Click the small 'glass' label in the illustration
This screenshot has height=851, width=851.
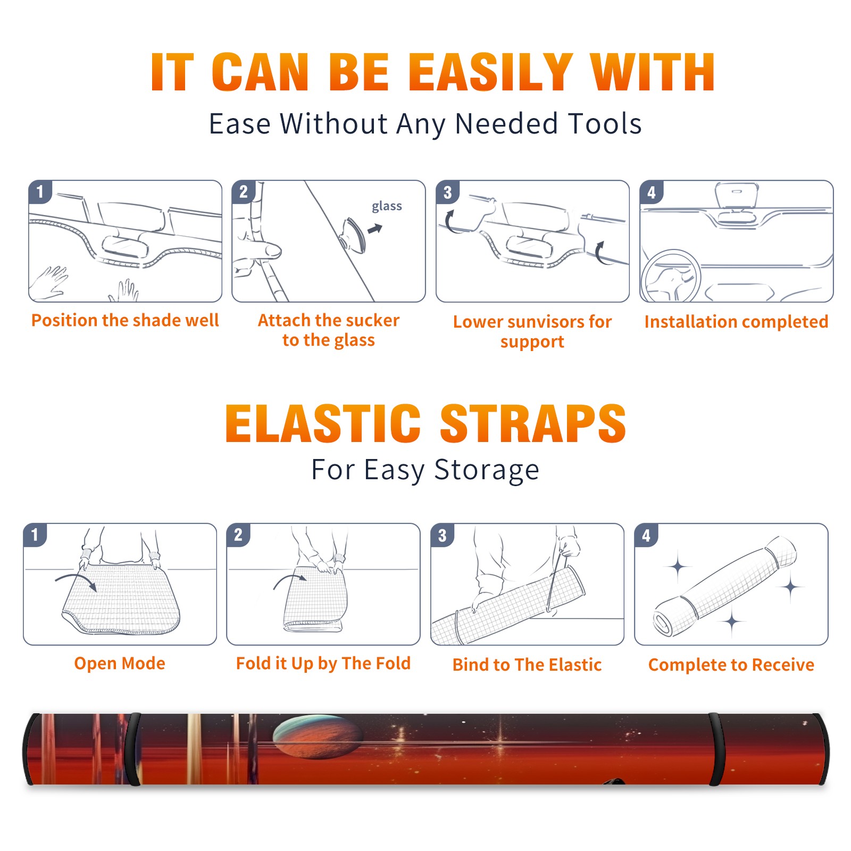click(x=387, y=206)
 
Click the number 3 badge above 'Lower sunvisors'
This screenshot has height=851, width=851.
click(x=448, y=192)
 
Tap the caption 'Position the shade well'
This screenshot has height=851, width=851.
click(x=125, y=320)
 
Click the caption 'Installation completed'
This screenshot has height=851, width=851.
click(x=736, y=321)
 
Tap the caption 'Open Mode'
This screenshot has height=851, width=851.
click(x=120, y=663)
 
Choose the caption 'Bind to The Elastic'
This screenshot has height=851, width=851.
click(x=527, y=665)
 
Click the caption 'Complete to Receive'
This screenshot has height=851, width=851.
click(x=731, y=665)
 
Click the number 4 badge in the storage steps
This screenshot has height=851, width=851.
click(x=646, y=535)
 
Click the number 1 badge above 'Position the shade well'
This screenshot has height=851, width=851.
click(x=40, y=191)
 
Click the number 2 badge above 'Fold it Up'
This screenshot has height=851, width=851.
click(x=238, y=535)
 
